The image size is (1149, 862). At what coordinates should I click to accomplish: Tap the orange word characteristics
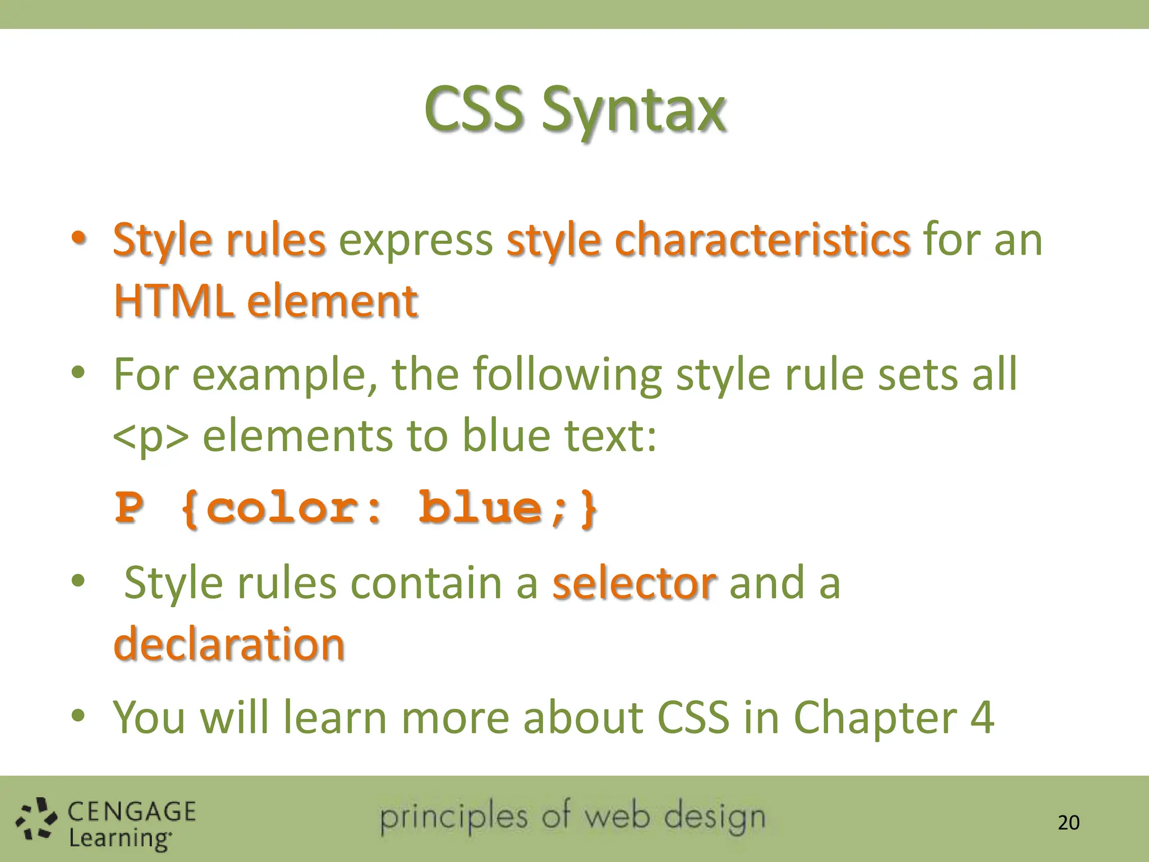click(x=762, y=240)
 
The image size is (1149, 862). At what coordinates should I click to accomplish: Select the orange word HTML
click(x=173, y=301)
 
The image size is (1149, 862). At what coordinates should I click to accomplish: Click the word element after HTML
click(x=333, y=302)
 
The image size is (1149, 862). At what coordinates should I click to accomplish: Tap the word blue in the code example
click(x=480, y=507)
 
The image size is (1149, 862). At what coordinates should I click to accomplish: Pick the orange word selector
click(x=634, y=583)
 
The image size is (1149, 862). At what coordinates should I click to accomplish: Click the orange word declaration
click(x=229, y=644)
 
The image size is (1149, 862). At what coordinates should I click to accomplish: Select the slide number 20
click(x=1068, y=823)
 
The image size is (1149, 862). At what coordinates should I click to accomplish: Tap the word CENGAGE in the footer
click(x=132, y=811)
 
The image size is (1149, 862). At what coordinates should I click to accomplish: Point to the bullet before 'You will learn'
click(x=78, y=716)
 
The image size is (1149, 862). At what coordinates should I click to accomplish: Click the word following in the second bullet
click(x=567, y=375)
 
